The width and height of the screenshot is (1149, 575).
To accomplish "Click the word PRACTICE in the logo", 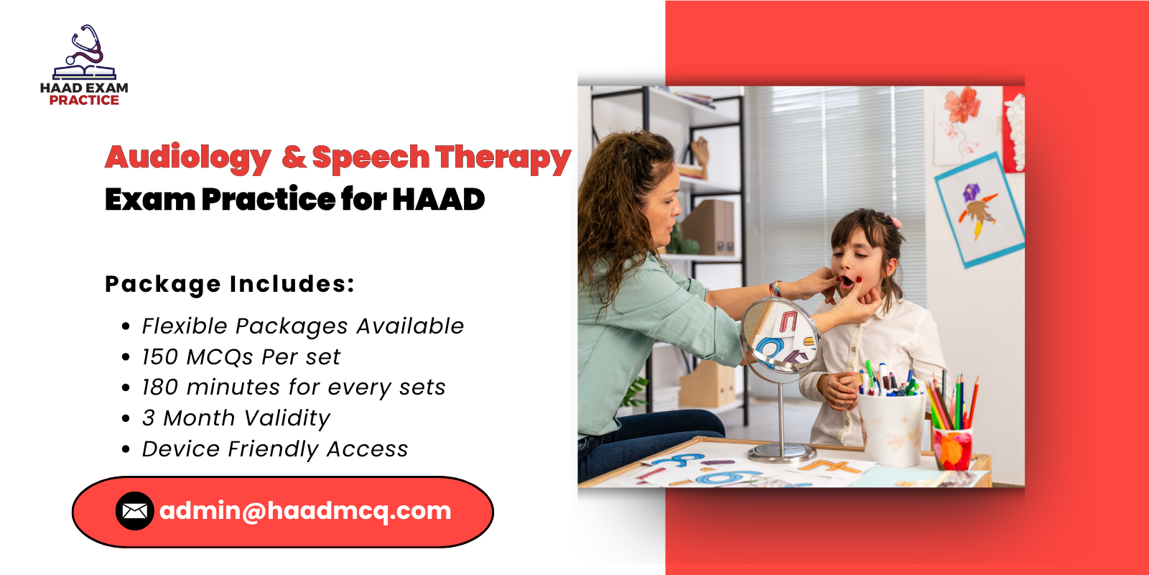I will tap(84, 101).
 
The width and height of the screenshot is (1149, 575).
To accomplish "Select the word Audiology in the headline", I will tap(188, 157).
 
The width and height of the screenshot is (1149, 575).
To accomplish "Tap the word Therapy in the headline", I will tap(503, 157).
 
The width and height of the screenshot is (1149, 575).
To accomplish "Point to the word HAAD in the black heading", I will tap(439, 200).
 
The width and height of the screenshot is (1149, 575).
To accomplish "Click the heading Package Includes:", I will tap(230, 284).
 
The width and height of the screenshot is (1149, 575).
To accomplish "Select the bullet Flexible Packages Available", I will tap(302, 326).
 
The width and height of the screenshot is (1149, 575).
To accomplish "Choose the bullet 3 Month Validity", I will tap(236, 418).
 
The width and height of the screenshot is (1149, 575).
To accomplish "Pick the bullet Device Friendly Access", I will tap(274, 449).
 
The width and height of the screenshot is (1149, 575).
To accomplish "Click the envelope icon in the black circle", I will tap(134, 511).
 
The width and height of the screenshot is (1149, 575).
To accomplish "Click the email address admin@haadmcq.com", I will tap(305, 511).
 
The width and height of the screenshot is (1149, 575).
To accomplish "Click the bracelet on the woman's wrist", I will tap(775, 289).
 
